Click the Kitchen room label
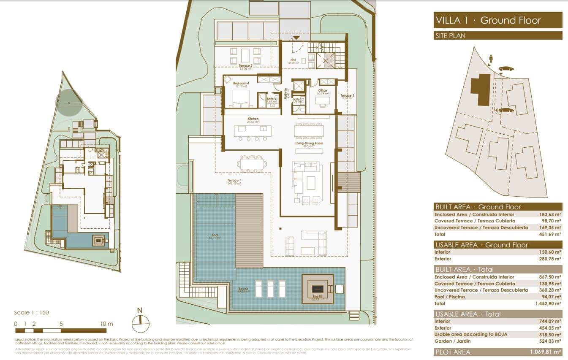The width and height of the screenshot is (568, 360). click(253, 119)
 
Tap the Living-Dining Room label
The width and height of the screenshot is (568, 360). click(309, 144)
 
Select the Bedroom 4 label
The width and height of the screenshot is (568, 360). click(241, 84)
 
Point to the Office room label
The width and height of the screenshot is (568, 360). click(323, 91)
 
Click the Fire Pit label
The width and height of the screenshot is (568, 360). click(318, 297)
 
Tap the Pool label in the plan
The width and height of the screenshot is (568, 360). click(215, 235)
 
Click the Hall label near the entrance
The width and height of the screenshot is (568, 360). click(293, 60)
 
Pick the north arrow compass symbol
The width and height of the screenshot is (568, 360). click(141, 323)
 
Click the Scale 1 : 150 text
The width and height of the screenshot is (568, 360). click(32, 313)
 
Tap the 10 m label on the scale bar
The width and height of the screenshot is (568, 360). click(107, 324)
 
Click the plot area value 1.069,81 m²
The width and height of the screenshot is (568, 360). click(545, 352)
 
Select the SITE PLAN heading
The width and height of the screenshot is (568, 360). click(450, 36)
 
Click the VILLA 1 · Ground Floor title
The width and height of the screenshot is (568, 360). click(488, 20)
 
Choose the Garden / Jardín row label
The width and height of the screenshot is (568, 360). click(451, 341)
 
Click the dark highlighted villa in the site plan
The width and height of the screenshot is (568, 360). click(481, 89)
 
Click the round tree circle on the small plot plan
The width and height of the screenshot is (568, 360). click(69, 103)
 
